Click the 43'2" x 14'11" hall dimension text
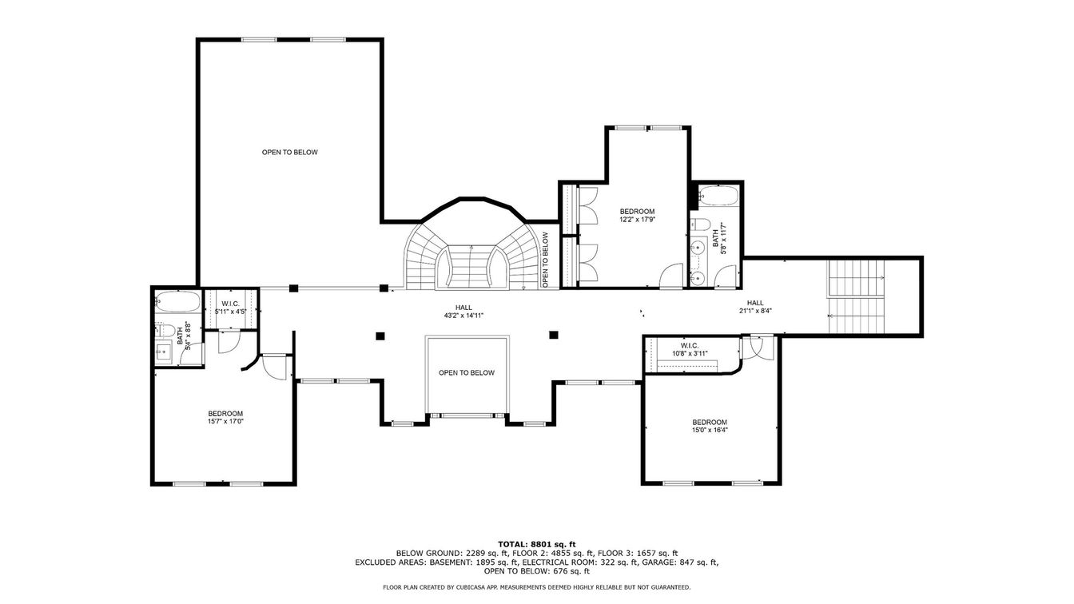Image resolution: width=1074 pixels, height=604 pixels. (x=463, y=316)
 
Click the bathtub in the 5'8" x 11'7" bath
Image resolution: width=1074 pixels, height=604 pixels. (x=718, y=197)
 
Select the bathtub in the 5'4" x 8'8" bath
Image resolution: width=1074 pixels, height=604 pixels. (x=177, y=301)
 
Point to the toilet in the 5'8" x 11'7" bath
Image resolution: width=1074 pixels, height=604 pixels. (x=699, y=225)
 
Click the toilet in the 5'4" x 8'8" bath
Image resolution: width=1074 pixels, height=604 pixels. (x=165, y=330)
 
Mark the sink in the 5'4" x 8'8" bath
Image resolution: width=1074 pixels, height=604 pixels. (x=163, y=352)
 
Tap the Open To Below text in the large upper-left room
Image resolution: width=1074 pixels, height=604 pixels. (x=289, y=153)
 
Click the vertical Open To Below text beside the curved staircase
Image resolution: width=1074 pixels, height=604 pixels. (x=545, y=260)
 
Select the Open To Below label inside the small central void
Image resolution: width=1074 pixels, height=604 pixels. (x=467, y=373)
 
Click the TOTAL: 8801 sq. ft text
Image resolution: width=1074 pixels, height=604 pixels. (x=537, y=544)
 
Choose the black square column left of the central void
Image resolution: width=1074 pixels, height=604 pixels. (x=380, y=336)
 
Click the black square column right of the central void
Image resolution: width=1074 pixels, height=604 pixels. (x=554, y=335)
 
